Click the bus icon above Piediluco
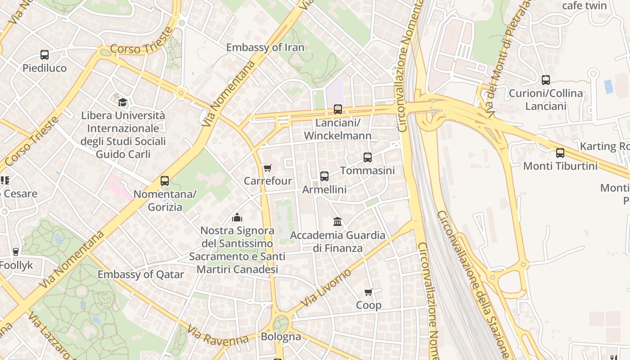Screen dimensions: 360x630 (x=44, y=55)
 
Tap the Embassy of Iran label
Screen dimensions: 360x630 (x=265, y=47)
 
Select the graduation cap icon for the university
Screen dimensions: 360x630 (x=122, y=102)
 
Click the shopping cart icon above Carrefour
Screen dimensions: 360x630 (x=267, y=168)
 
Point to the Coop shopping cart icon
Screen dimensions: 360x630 (x=369, y=292)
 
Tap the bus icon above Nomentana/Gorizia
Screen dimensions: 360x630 (x=165, y=181)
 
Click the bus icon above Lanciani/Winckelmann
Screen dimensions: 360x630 (x=337, y=109)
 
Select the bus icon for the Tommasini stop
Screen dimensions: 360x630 (x=367, y=157)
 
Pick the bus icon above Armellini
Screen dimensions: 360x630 (x=324, y=176)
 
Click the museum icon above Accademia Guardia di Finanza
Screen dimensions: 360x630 (x=337, y=221)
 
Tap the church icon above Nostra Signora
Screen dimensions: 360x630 (x=237, y=218)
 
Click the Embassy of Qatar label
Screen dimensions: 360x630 (x=140, y=274)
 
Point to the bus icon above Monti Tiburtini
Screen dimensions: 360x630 (x=560, y=153)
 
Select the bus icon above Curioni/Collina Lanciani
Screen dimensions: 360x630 (x=545, y=80)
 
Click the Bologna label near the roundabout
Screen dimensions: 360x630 (x=281, y=337)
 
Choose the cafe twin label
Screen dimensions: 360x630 (x=585, y=5)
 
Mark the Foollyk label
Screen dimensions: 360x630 (x=17, y=265)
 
